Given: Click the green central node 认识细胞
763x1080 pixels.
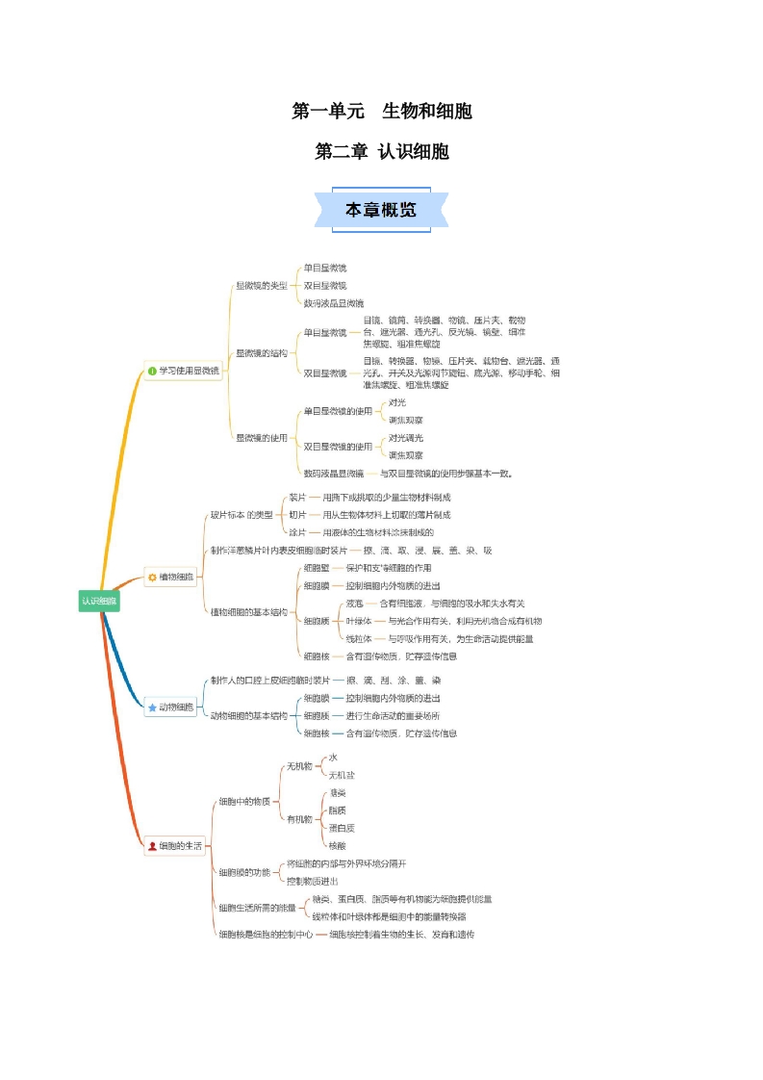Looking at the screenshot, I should point(99,601).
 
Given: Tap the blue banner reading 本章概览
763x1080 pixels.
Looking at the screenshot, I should point(381,210).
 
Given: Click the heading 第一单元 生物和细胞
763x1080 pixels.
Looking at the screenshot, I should point(382,112).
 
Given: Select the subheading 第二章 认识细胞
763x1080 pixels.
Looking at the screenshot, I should point(382,152).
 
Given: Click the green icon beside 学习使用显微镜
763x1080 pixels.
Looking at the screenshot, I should point(151,371).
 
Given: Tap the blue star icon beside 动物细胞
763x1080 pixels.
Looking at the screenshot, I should point(152,707).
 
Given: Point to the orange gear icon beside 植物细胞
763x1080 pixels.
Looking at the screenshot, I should point(152,578).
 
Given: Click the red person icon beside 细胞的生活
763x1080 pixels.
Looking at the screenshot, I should point(152,846).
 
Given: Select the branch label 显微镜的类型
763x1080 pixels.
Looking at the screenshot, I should point(261,286).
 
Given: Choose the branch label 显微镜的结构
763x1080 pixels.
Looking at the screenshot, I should point(261,353).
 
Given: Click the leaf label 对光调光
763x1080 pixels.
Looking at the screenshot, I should point(405,438).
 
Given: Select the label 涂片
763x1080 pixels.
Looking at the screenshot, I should point(297,532).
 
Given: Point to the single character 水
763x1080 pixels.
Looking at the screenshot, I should point(333,758).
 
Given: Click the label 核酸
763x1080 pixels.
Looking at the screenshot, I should point(338,845).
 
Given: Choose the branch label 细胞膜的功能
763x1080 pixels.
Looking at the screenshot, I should point(244,872).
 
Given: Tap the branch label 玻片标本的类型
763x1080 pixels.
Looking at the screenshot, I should point(242,515).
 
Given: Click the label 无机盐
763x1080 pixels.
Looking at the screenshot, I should point(342,775).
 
